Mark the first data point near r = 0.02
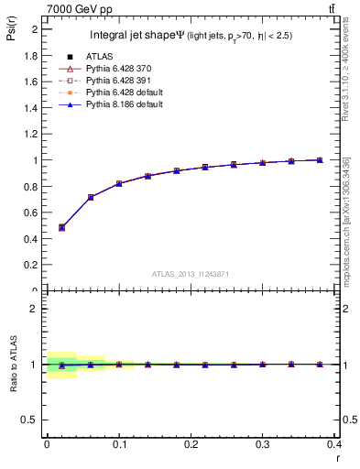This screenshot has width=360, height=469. point(61,227)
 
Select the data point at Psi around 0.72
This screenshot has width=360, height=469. point(90,197)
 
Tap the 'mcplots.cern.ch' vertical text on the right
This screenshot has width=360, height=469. point(346,220)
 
